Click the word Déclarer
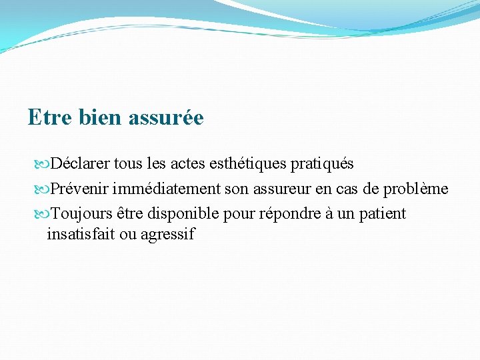coord(80,163)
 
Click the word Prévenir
coord(78,189)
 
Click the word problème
coord(415,189)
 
